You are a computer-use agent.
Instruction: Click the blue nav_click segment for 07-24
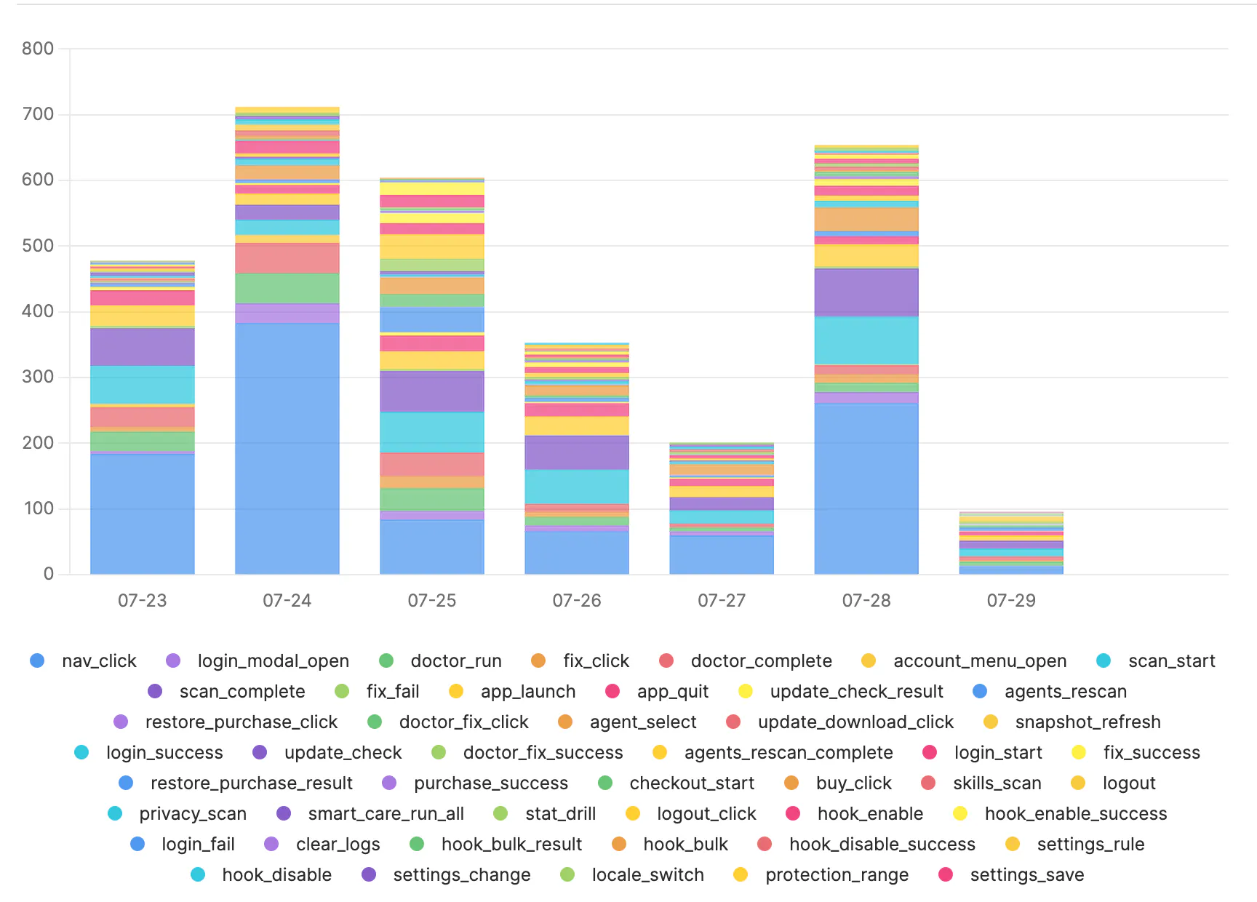287,449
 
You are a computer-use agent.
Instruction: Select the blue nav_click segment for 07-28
866,489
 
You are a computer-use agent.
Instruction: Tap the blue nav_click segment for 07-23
143,514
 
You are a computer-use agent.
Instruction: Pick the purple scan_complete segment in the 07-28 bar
866,292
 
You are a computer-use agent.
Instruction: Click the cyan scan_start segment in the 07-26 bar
577,487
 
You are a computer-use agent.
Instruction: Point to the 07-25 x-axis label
432,601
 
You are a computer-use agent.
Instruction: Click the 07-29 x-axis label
1011,601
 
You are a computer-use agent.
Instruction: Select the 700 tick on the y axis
38,114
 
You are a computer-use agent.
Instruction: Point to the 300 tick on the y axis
38,377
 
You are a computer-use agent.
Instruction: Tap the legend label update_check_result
857,691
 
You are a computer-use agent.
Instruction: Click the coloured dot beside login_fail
137,844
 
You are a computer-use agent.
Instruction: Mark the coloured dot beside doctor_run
386,660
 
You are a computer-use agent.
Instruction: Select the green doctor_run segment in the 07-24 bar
287,289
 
